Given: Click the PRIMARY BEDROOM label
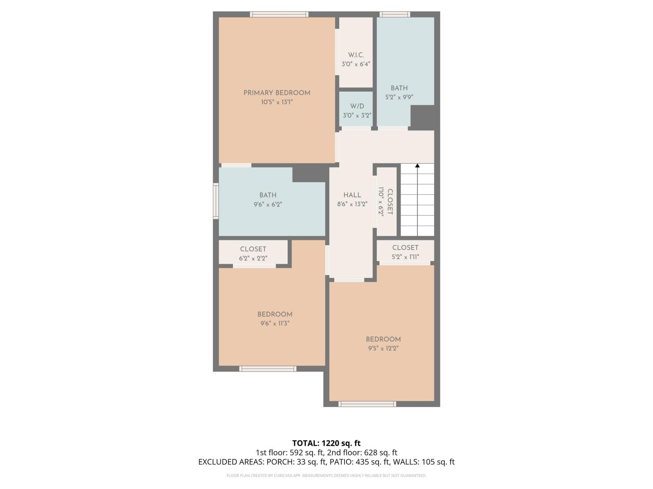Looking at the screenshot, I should (x=277, y=93).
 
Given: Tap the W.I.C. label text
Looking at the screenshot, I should (x=356, y=55).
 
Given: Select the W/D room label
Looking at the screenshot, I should (x=357, y=106).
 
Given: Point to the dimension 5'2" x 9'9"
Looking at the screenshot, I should (x=399, y=97).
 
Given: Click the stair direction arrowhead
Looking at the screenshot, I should (x=417, y=166).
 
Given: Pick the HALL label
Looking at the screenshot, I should (x=352, y=195).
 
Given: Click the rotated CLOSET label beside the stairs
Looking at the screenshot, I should (x=390, y=202).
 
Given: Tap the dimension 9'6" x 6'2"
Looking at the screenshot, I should (x=268, y=205).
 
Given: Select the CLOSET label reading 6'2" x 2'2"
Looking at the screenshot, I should (x=253, y=249).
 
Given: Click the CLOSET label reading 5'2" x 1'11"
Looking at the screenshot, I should (x=405, y=248).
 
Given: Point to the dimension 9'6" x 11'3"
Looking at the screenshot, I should (x=275, y=324).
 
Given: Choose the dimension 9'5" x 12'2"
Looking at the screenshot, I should (x=383, y=348).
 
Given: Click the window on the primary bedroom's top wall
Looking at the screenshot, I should (x=279, y=14).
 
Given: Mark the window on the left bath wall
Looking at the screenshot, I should (x=216, y=201).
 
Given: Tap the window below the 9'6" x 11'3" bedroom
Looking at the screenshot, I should (x=268, y=369).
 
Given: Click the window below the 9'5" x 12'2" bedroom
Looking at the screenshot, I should (x=367, y=404).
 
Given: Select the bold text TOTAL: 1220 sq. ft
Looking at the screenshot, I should (x=326, y=443).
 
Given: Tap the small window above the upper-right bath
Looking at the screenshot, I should (x=395, y=14).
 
